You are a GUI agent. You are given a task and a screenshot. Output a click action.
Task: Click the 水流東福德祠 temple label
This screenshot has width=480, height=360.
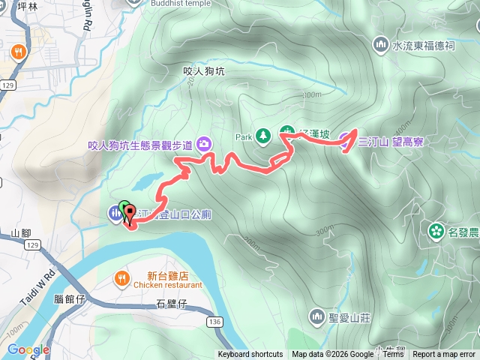click(424, 45)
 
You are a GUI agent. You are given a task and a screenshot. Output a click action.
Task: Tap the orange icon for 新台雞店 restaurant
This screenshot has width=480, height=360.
click(121, 279)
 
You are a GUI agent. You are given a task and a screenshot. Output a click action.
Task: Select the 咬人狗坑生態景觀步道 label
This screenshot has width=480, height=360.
click(141, 145)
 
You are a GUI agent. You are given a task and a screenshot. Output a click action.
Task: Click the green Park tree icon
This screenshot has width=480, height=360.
click(262, 136)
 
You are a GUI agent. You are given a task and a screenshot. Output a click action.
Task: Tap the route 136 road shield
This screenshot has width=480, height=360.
click(215, 322)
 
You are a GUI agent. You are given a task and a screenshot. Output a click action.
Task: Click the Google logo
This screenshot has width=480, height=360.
click(28, 349)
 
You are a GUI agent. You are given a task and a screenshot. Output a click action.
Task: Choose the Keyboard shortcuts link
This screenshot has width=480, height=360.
click(250, 355)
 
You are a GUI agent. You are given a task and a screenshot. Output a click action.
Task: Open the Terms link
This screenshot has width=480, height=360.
click(393, 355)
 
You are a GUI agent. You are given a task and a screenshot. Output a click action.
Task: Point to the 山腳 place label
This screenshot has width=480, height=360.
click(21, 233)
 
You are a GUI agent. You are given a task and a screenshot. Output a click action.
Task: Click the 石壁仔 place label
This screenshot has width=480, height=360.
click(170, 304)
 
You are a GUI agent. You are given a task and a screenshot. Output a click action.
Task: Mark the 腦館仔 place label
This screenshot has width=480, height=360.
click(70, 298)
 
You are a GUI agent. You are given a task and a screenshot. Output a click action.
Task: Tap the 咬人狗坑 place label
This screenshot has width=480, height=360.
click(204, 72)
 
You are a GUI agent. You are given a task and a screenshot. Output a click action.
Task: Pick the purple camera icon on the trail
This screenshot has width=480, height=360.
click(203, 145)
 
